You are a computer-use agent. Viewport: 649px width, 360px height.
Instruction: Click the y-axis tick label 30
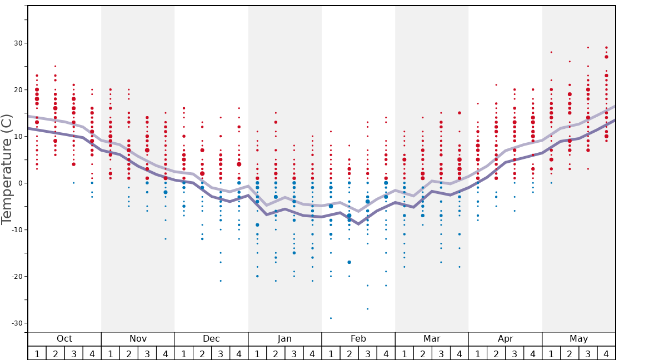click(18, 43)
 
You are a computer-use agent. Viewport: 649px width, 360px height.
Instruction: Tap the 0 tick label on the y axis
click(19, 183)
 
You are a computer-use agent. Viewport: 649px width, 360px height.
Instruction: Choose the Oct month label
click(64, 339)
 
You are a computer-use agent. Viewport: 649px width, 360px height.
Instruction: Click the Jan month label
click(284, 339)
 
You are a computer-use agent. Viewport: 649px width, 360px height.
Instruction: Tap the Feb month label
click(358, 339)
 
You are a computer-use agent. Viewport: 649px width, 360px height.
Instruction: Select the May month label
click(578, 339)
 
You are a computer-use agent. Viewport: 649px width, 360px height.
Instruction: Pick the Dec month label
click(211, 339)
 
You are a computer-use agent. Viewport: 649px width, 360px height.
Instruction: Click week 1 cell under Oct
click(37, 353)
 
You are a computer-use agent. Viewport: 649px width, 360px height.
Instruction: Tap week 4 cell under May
click(606, 353)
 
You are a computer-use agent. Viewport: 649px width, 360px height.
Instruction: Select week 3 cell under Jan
click(294, 353)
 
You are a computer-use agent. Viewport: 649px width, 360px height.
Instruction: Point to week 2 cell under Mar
click(422, 353)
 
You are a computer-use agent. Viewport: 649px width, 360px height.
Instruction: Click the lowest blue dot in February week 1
click(331, 318)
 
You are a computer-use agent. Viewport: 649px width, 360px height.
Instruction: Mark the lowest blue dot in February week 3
click(367, 309)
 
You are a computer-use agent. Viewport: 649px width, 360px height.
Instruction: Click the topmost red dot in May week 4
click(606, 48)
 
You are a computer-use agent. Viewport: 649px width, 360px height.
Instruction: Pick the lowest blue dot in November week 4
click(165, 239)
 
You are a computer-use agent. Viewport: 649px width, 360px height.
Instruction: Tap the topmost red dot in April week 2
click(496, 85)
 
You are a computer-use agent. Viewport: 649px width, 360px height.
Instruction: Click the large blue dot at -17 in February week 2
click(349, 262)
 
